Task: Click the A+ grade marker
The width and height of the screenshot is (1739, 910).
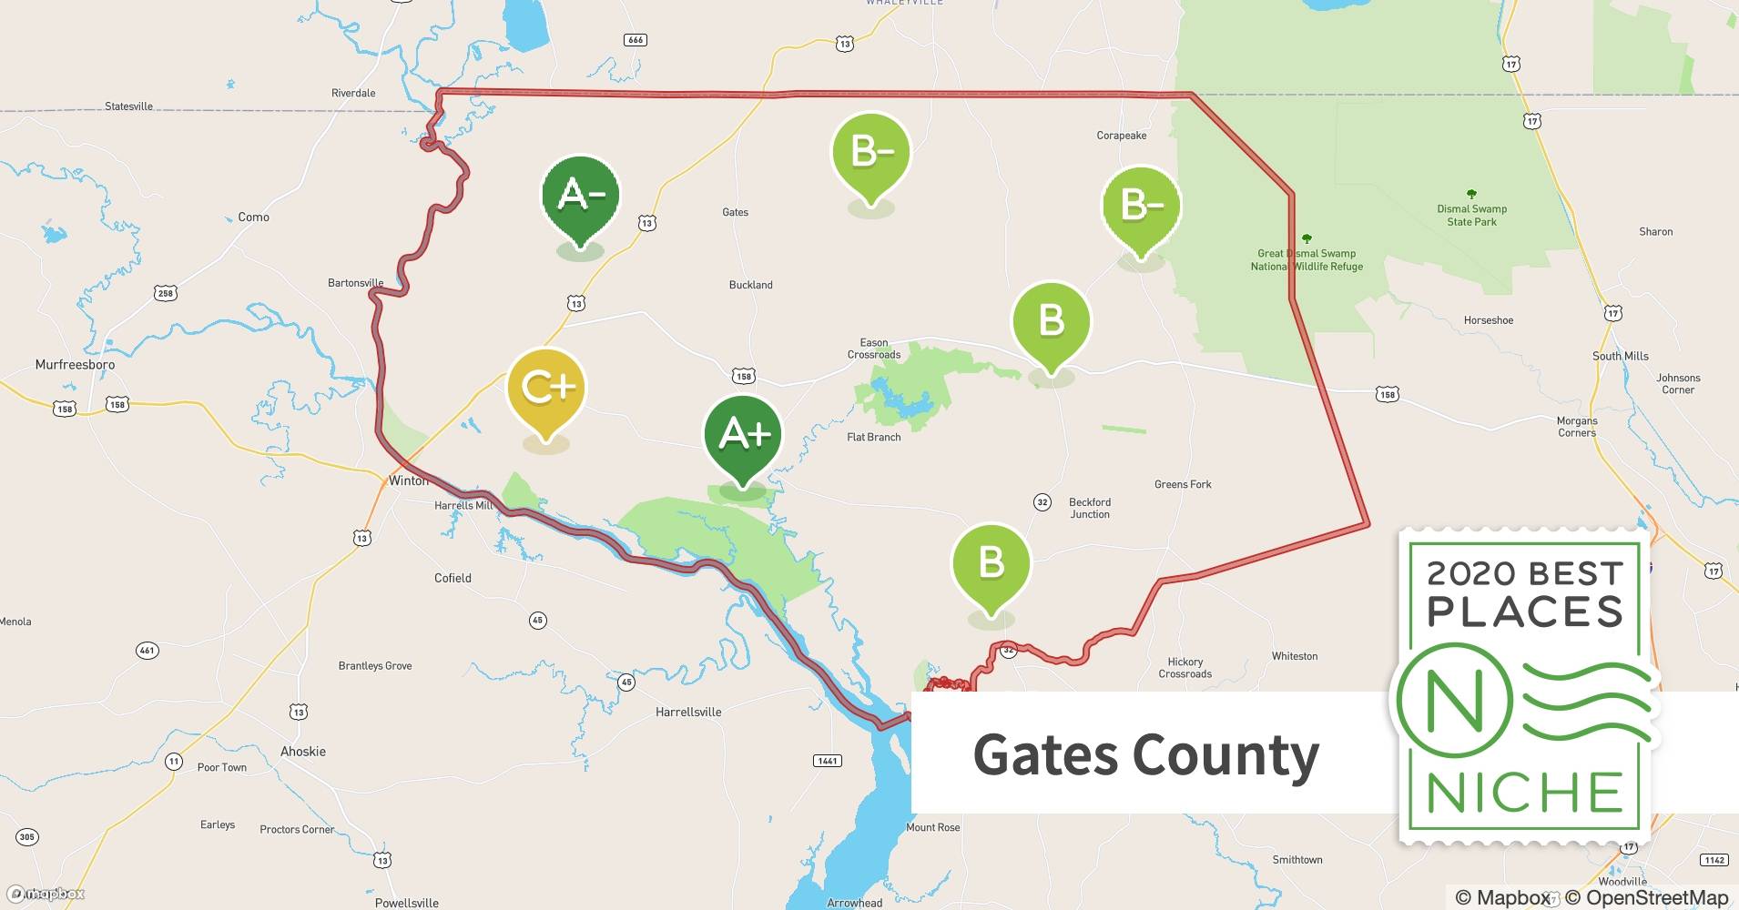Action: click(x=743, y=435)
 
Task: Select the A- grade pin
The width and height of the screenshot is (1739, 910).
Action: click(x=580, y=195)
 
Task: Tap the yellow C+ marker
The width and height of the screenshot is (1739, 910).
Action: click(x=546, y=389)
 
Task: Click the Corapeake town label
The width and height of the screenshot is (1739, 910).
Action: click(x=1121, y=136)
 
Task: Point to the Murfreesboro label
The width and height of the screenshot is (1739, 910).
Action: click(x=75, y=365)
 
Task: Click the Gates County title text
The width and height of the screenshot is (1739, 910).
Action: click(x=1145, y=754)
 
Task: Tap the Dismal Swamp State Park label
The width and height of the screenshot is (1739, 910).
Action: click(x=1471, y=215)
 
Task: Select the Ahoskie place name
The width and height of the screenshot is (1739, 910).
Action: click(x=302, y=752)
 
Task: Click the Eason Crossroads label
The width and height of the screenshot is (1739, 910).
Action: click(x=873, y=349)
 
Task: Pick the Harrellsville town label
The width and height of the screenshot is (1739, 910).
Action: click(x=688, y=713)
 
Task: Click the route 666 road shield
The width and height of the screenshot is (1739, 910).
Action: click(x=636, y=40)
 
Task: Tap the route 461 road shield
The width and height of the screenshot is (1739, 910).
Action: click(x=147, y=651)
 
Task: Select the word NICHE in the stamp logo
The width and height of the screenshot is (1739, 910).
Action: click(x=1525, y=793)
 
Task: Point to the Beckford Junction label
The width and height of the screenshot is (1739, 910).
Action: click(x=1089, y=508)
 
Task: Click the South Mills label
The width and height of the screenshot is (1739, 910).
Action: click(x=1620, y=356)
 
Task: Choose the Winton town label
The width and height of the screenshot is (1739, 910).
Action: click(x=407, y=480)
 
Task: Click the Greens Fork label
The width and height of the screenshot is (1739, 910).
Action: click(x=1182, y=484)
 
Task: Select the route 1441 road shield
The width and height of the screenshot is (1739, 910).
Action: click(x=827, y=761)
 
